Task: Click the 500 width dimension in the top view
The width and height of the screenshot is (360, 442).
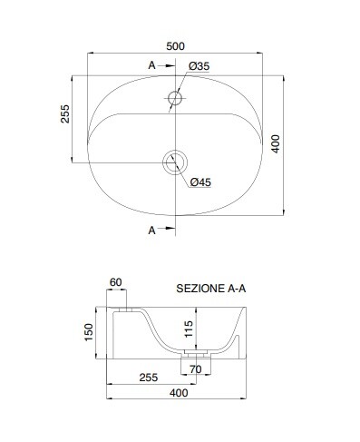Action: click(175, 46)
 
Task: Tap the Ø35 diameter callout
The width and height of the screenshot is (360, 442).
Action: click(199, 66)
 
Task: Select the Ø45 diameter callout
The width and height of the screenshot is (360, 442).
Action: click(200, 182)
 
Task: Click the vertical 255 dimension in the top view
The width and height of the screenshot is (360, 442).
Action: click(65, 113)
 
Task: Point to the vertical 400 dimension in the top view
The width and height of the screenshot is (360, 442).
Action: click(276, 143)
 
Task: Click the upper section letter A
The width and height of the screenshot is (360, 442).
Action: click(151, 65)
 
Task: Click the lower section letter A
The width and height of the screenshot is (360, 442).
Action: click(151, 231)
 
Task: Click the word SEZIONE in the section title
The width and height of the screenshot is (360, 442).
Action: click(200, 289)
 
